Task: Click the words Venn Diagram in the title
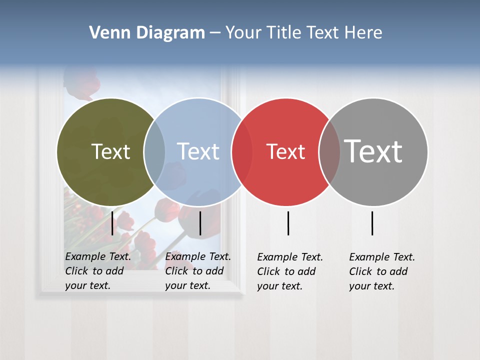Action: [147, 33]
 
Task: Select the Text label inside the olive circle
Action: [110, 151]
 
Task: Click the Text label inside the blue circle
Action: [198, 151]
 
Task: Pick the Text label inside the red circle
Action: [285, 151]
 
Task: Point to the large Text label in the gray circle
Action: [373, 151]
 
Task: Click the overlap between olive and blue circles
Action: [154, 152]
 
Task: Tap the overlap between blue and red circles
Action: [242, 152]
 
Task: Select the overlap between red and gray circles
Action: [329, 152]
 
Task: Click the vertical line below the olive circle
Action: [112, 223]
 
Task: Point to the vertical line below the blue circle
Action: [200, 223]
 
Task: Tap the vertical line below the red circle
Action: [288, 223]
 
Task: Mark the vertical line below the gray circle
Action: [372, 223]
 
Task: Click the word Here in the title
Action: [363, 33]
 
